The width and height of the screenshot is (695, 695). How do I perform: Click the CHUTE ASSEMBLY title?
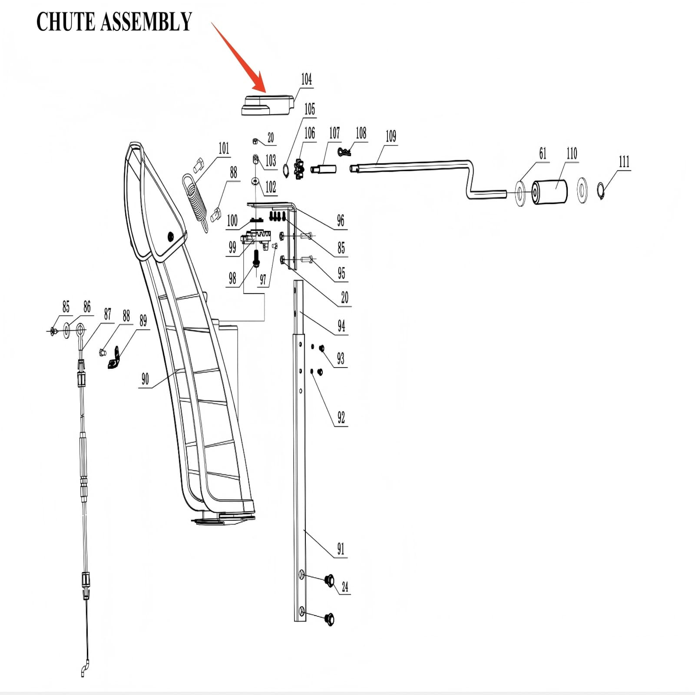pos(114,22)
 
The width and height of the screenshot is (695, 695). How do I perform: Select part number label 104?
pos(306,79)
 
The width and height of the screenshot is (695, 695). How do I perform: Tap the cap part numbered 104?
pos(266,105)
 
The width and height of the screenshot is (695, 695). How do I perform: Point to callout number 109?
pos(391,136)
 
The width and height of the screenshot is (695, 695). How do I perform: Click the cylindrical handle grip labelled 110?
pos(550,192)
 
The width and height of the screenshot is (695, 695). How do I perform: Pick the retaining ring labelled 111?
pos(601,191)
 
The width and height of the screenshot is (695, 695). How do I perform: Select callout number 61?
pos(543,153)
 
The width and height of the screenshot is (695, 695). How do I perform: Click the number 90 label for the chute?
pos(145,379)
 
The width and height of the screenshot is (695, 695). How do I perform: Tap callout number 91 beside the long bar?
pos(341,549)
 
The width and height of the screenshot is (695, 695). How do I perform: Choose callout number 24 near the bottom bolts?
pos(345,587)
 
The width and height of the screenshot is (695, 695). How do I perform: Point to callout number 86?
pos(87,307)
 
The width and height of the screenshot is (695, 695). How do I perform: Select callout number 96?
pos(341,221)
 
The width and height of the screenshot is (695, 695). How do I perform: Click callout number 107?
pos(334,133)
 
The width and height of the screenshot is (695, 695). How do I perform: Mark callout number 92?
pos(341,418)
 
